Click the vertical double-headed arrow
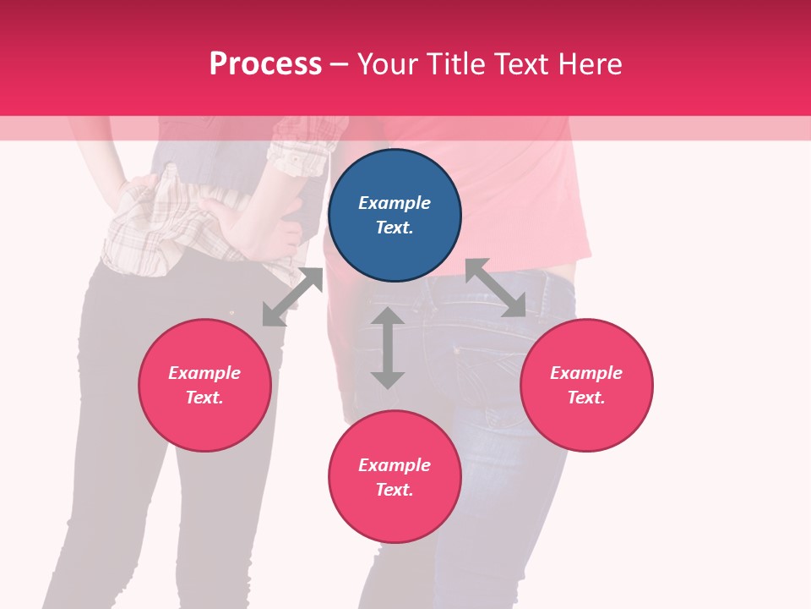(388, 348)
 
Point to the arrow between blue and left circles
(292, 297)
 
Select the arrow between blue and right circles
(495, 288)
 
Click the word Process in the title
(265, 63)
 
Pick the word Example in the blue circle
(395, 203)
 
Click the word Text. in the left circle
(204, 398)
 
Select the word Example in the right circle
(586, 373)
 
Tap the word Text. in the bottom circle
(395, 490)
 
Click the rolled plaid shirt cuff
(296, 156)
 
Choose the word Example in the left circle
(204, 373)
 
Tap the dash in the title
(340, 64)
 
